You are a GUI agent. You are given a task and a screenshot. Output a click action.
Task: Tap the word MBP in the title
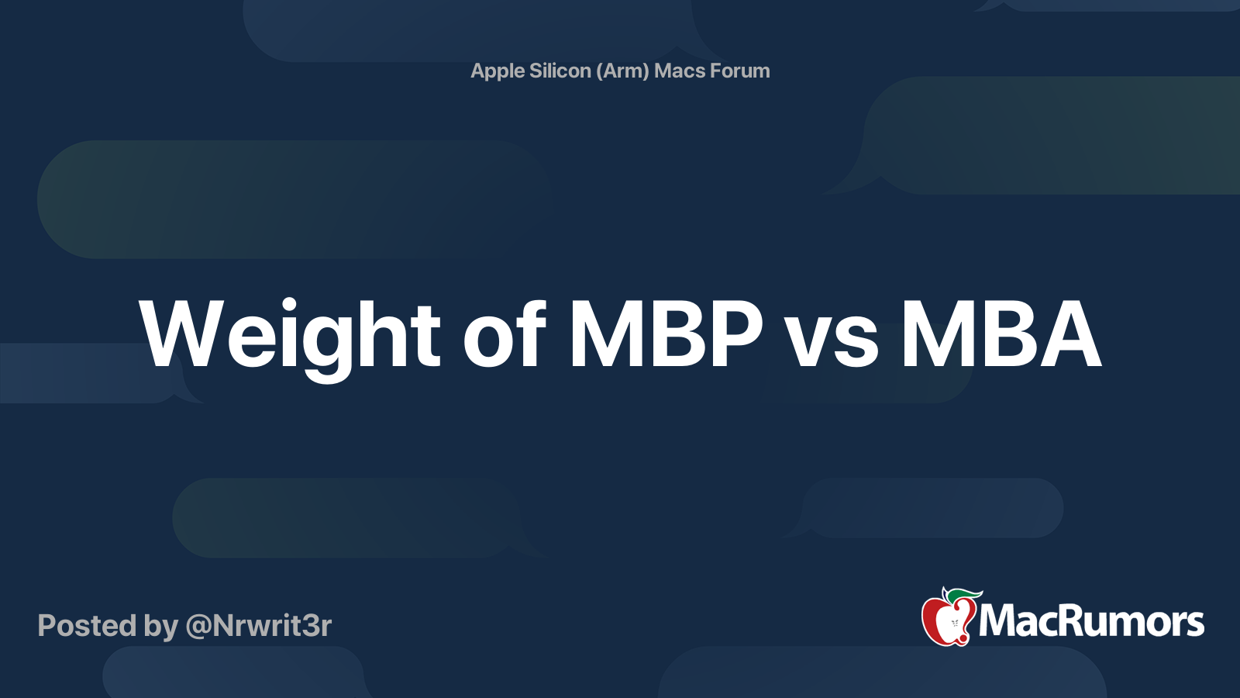pyautogui.click(x=666, y=334)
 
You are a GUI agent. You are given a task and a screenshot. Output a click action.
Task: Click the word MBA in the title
pyautogui.click(x=1001, y=334)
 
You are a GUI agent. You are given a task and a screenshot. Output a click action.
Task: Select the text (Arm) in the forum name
pyautogui.click(x=622, y=71)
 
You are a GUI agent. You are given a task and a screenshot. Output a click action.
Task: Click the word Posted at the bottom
pyautogui.click(x=87, y=625)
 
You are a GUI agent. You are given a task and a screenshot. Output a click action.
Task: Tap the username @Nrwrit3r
pyautogui.click(x=259, y=626)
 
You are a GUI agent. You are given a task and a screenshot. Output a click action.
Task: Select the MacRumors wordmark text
pyautogui.click(x=1091, y=621)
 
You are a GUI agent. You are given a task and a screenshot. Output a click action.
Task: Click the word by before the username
pyautogui.click(x=161, y=627)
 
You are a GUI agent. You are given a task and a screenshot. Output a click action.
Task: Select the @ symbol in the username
pyautogui.click(x=199, y=627)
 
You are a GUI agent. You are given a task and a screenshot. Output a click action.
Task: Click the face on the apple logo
pyautogui.click(x=954, y=624)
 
